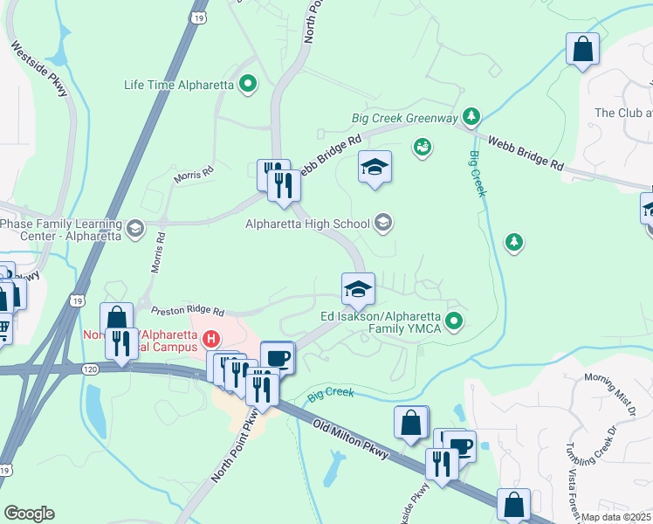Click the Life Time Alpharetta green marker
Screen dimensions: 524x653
[248, 85]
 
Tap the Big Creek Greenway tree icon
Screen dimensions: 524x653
[471, 117]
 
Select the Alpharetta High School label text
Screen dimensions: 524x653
[307, 224]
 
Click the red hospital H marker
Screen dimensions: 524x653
[210, 338]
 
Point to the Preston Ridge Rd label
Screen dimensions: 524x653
[188, 310]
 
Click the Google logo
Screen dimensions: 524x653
[29, 514]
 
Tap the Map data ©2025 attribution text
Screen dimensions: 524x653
[616, 517]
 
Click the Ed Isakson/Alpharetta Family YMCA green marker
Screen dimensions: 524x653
[453, 322]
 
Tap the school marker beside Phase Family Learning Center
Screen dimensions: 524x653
[134, 229]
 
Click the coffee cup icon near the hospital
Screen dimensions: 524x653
[278, 358]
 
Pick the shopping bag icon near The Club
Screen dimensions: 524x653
[582, 50]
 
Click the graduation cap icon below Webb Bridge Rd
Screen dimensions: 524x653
[375, 167]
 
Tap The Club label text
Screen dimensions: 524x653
[622, 113]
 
